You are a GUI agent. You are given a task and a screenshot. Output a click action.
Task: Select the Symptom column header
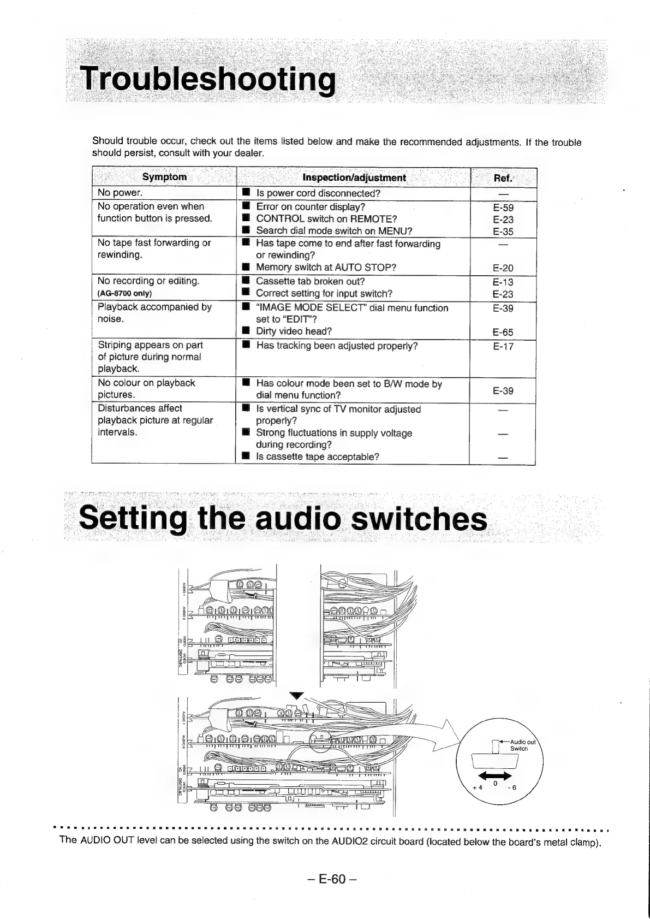coord(164,177)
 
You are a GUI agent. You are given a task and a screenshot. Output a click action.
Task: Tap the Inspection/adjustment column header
coord(354,177)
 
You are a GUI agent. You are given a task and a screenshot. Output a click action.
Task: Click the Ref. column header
coord(503,177)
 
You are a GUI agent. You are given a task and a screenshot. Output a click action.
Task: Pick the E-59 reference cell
coord(503,207)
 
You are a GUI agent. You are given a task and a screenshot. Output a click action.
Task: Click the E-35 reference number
coord(503,232)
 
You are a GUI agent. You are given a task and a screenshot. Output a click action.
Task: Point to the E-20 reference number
coord(503,268)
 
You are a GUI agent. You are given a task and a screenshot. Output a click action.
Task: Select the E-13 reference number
coord(503,282)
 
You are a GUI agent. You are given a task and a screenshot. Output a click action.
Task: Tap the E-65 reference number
coord(503,332)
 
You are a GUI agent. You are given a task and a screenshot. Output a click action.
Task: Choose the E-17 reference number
coord(503,346)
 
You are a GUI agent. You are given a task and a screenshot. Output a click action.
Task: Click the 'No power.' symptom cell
coord(120,193)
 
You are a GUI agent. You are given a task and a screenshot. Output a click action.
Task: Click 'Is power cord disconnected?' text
coord(318,193)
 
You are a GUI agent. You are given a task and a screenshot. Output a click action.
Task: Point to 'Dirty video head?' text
coord(294,331)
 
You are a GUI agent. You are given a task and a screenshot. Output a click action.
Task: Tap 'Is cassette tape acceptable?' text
coord(318,456)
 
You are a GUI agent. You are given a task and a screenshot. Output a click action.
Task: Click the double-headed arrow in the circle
coord(494,777)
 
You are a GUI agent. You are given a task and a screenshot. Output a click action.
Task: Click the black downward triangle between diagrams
coord(296,695)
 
